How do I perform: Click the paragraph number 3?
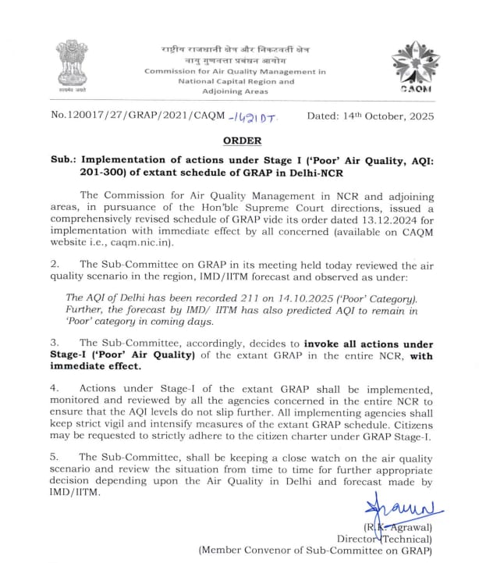pos(55,342)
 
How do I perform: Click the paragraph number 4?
pos(55,389)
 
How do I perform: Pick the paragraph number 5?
pos(55,455)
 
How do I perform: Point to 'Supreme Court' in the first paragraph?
pos(282,207)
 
